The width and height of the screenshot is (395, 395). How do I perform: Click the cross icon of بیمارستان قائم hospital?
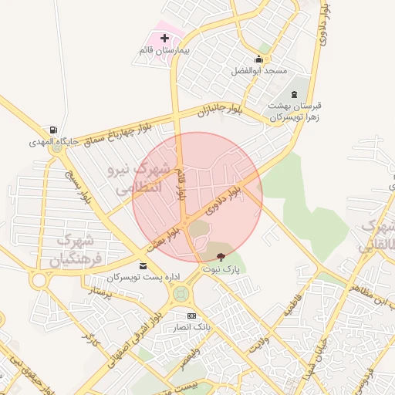(x=164, y=37)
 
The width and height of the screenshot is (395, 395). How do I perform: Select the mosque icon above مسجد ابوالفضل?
(x=258, y=59)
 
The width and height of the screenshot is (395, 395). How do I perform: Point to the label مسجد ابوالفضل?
(x=258, y=70)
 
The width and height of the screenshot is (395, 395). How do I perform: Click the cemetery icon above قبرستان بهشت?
(x=292, y=93)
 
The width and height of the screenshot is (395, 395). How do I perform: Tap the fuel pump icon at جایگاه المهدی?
(x=52, y=130)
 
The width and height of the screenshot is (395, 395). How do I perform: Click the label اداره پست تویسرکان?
(x=137, y=276)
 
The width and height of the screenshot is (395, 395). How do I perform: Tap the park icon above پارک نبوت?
(x=221, y=257)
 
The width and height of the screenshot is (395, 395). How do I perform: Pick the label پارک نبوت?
(x=222, y=269)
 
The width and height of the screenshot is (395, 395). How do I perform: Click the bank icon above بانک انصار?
(x=191, y=316)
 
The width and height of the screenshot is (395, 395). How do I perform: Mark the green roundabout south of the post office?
(x=181, y=293)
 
